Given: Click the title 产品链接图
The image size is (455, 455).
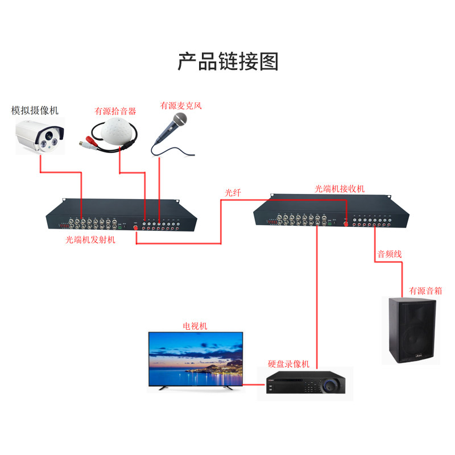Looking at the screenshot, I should click(227, 61).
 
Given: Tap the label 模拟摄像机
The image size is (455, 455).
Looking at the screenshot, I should click(35, 110).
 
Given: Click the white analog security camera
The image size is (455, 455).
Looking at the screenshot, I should click(39, 135).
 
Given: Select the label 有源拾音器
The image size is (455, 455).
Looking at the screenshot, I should click(115, 111).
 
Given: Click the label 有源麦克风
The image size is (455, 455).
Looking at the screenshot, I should click(181, 105).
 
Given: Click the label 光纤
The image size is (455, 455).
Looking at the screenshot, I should click(233, 193).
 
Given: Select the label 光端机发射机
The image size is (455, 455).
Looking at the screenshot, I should click(90, 239).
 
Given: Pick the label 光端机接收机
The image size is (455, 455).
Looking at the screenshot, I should click(340, 188).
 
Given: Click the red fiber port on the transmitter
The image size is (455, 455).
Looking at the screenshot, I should click(136, 228).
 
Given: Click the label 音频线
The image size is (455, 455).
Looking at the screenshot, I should click(390, 254).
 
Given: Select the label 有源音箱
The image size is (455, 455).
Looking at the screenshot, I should click(425, 291).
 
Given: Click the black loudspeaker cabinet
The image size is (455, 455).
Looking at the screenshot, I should click(411, 330).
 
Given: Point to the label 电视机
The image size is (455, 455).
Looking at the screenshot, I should click(195, 326).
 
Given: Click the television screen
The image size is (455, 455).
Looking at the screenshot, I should click(195, 359).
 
